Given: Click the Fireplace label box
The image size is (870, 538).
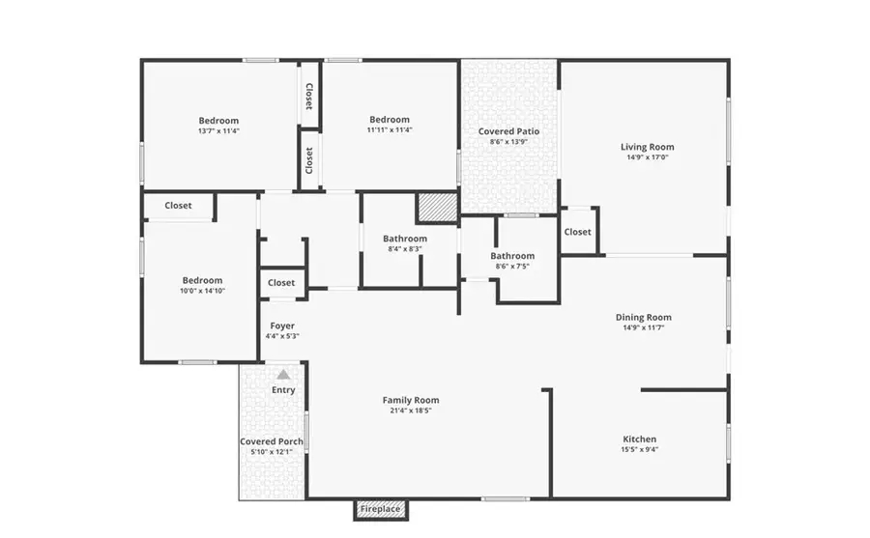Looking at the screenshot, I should (381, 509).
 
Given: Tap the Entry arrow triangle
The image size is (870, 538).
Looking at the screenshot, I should (283, 374).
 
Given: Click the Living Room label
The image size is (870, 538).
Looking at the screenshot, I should (647, 148).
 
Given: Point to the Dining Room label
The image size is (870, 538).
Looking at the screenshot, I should (644, 318).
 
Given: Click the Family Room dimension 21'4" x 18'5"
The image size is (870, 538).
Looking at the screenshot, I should (411, 411).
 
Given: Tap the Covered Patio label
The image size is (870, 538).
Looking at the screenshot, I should (508, 131).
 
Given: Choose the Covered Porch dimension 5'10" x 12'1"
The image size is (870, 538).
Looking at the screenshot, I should (272, 453).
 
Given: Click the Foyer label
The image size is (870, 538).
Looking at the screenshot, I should (281, 326).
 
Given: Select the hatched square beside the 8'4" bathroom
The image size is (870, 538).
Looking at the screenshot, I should (436, 208).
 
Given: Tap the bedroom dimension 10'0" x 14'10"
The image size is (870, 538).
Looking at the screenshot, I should (203, 291).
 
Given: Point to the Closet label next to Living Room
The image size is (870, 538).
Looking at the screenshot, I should (577, 232).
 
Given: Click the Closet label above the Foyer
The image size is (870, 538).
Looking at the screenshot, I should (281, 283).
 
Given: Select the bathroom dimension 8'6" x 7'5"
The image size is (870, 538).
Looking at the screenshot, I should (511, 267).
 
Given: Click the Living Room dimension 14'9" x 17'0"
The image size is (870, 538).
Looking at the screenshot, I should (647, 157).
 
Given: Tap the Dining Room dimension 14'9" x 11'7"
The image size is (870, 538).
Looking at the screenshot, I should (644, 328).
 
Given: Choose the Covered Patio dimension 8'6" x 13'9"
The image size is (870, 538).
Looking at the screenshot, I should (508, 142).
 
